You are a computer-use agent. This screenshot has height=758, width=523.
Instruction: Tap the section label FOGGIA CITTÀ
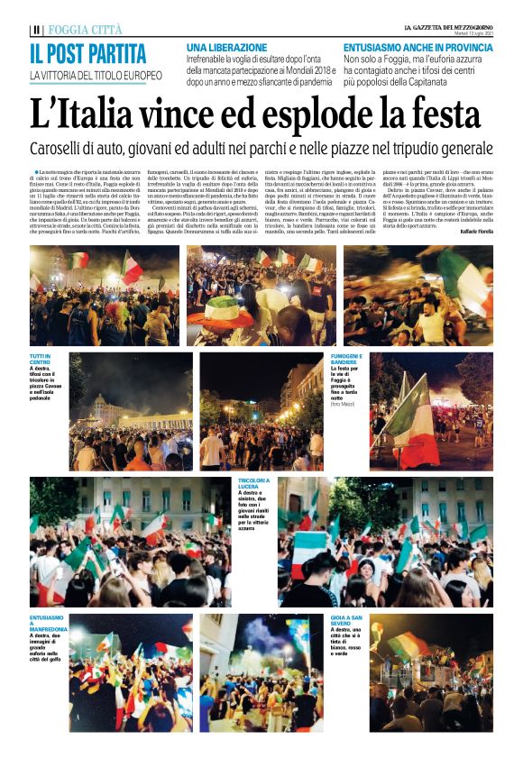click(86, 30)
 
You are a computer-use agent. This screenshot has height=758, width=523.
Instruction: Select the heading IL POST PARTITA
click(87, 53)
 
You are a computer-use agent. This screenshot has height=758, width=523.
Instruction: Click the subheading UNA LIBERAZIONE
click(226, 46)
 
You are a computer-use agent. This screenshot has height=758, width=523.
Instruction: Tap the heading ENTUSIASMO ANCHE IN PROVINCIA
click(418, 46)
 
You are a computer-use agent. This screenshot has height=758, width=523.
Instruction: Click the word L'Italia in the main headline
click(87, 115)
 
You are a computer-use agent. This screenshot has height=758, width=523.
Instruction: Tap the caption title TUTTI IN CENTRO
click(43, 360)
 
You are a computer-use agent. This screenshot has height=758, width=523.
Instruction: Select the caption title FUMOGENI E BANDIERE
click(347, 360)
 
